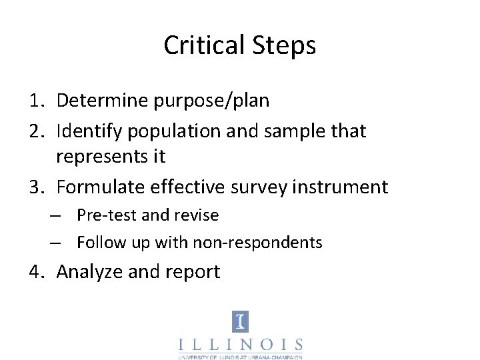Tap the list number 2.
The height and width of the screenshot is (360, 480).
36,131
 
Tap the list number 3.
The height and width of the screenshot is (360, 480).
36,187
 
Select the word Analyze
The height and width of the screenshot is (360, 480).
89,272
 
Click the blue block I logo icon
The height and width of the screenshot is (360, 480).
240,322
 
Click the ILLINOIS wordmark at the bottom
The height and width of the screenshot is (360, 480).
240,345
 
